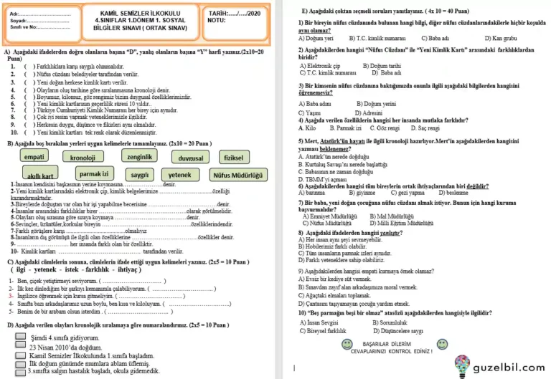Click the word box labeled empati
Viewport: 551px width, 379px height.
click(34, 157)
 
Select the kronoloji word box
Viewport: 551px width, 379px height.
click(83, 158)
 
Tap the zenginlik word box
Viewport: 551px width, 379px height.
click(139, 156)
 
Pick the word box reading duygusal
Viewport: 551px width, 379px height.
click(190, 158)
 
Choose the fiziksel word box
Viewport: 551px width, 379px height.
click(234, 157)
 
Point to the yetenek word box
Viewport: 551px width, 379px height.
click(179, 174)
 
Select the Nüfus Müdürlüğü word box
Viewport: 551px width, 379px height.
click(238, 174)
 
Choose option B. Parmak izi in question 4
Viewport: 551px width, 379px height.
click(341, 128)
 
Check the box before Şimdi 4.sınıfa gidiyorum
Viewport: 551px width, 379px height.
click(21, 336)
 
